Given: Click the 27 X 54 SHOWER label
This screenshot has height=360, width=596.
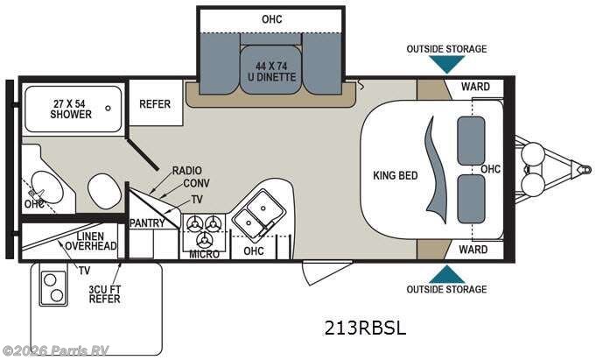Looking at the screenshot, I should coord(71,109).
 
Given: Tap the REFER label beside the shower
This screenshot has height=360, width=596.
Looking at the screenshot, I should coord(155,104).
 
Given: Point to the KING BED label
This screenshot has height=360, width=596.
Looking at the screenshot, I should coord(395,175).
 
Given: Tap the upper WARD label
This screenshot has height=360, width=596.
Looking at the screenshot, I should coord(473,87).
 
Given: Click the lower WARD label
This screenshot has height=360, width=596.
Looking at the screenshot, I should coord(473,250).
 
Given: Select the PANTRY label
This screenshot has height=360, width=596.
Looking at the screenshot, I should coord(147,223).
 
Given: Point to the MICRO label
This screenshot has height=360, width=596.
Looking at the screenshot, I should coord(204,254).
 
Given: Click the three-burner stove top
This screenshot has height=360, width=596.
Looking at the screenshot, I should coord(204,229).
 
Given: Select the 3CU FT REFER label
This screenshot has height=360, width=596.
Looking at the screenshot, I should coord(104,293).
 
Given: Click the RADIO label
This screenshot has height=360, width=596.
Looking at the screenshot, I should coord(187,170).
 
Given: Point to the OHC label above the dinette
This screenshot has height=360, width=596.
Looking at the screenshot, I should coord(272,19).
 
